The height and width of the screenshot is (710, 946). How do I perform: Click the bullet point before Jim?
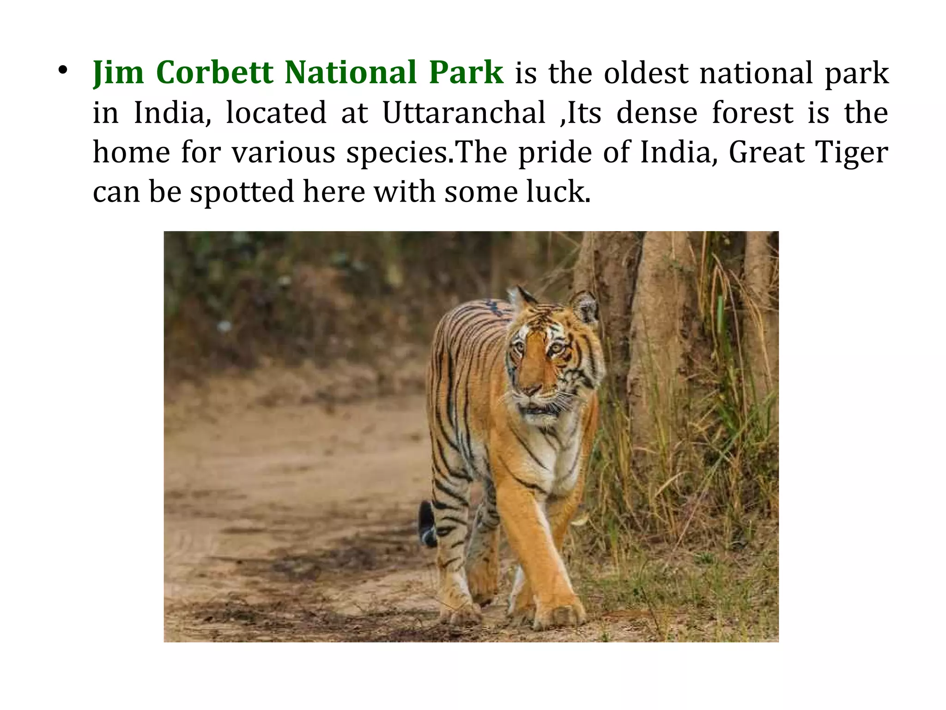(63, 71)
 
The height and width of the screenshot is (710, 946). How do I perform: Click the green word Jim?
(118, 73)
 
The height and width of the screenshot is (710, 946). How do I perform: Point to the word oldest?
(646, 73)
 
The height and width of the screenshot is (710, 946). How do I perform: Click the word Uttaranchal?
(464, 113)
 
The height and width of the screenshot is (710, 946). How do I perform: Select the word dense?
(656, 113)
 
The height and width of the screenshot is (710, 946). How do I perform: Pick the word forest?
(752, 113)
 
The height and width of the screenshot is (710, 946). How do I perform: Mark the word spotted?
(242, 192)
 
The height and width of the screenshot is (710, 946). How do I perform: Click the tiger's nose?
(533, 390)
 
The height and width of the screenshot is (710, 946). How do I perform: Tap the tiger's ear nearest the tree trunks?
(585, 306)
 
